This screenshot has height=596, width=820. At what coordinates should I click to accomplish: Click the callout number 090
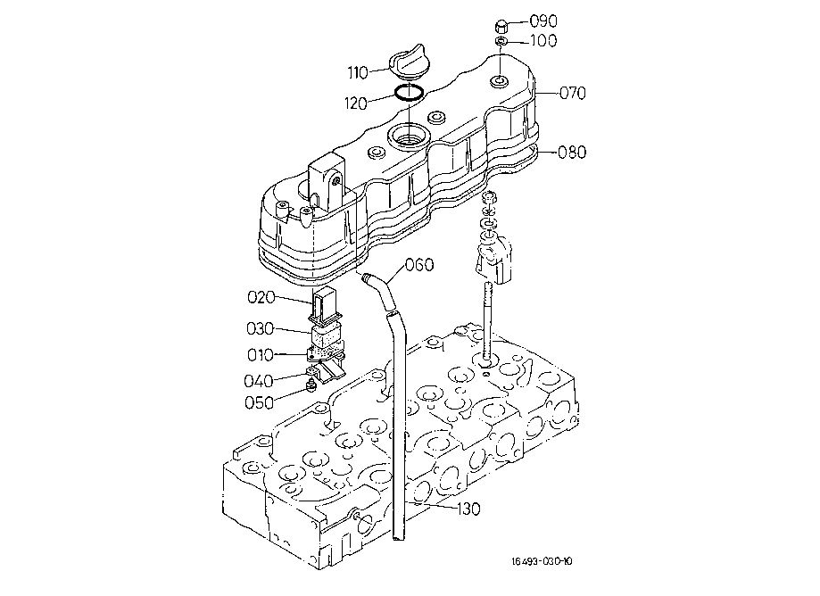[543, 21]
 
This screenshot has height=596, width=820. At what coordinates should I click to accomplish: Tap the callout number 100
[543, 41]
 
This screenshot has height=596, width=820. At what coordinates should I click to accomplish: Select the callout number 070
[573, 93]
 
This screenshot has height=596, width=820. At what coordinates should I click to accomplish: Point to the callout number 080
[572, 153]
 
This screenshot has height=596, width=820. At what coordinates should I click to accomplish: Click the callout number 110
[358, 72]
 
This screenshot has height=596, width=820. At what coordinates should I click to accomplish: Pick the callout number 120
[356, 103]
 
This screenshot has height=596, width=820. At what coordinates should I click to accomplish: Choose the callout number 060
[419, 264]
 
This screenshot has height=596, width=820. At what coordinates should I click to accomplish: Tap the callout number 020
[261, 297]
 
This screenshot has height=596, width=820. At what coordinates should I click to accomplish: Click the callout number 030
[260, 328]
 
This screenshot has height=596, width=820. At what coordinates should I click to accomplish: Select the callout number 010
[261, 355]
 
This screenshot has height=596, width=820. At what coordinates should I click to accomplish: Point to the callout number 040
[259, 381]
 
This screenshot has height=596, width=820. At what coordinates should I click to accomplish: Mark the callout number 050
[260, 402]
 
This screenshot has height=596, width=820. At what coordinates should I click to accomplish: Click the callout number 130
[468, 509]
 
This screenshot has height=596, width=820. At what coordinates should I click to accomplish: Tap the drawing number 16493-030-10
[542, 561]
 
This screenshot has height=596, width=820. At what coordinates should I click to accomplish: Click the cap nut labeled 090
[501, 25]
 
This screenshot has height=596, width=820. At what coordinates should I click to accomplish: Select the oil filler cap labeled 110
[408, 62]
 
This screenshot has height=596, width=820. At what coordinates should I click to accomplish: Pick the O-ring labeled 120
[409, 93]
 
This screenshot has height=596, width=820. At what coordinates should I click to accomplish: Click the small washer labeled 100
[501, 41]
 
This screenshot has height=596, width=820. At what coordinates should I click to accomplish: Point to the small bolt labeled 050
[311, 386]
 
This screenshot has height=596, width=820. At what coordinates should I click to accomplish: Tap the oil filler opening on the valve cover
[408, 137]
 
